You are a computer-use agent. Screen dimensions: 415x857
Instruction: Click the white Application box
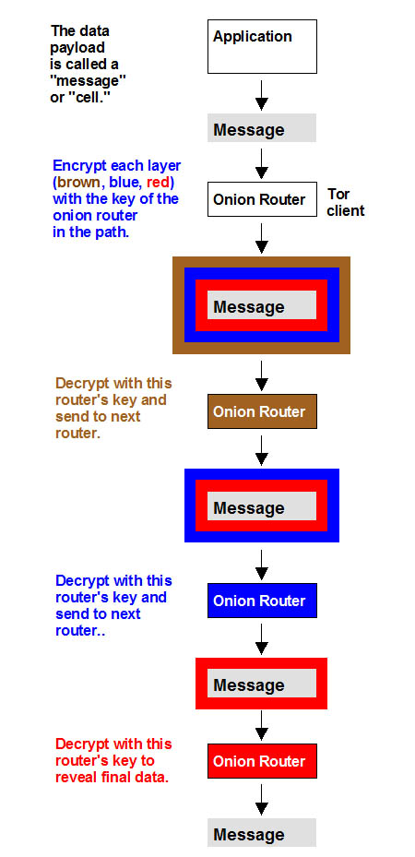point(262,46)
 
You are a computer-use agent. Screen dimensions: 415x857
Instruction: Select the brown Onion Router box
point(262,411)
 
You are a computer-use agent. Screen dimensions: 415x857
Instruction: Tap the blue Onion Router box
point(262,601)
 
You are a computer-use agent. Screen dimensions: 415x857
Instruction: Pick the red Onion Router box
point(262,761)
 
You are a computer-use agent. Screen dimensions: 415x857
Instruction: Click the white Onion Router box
point(262,199)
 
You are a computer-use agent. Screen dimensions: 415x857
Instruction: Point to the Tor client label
point(346,202)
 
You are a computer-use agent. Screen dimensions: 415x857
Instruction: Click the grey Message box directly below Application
point(262,128)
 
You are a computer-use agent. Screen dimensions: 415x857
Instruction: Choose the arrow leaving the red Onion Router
point(262,800)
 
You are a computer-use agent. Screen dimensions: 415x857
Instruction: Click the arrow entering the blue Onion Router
point(262,565)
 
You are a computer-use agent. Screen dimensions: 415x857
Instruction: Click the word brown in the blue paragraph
point(77,182)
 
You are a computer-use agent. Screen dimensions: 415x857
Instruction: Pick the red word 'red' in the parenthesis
point(159,182)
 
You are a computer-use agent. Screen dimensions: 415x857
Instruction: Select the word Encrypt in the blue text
point(75,166)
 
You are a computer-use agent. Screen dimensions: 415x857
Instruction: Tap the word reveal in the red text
point(76,777)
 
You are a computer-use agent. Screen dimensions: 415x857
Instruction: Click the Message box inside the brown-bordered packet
point(262,305)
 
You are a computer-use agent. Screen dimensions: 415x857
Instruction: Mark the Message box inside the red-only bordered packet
point(262,684)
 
